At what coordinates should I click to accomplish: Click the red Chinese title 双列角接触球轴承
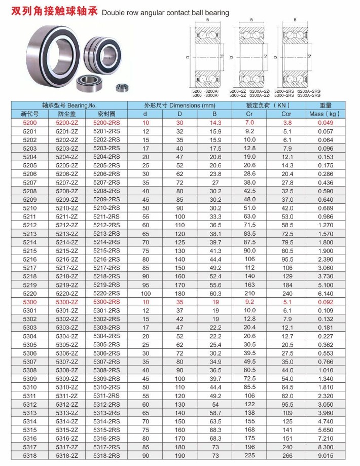point(54,11)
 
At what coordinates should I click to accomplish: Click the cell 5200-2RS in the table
point(106,123)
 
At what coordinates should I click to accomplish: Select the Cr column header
point(249,114)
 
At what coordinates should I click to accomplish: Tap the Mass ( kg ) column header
point(325,114)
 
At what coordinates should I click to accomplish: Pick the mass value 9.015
point(326,455)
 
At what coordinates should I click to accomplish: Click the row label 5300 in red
point(30,302)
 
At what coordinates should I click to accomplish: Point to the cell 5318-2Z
point(67,455)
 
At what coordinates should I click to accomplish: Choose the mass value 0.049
point(326,123)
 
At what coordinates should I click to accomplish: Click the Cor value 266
point(287,455)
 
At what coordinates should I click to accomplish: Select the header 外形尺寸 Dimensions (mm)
point(179,105)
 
